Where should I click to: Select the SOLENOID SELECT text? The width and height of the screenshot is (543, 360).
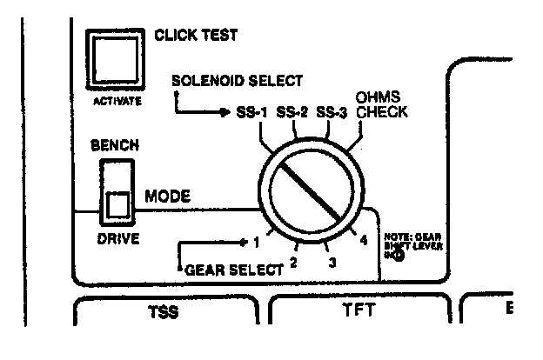pyautogui.click(x=237, y=82)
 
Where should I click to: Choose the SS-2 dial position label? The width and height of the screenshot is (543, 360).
pyautogui.click(x=294, y=113)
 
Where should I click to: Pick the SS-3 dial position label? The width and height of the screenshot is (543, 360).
pyautogui.click(x=334, y=113)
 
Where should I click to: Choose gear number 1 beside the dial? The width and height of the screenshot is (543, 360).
pyautogui.click(x=258, y=241)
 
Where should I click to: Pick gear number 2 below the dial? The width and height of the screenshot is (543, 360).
pyautogui.click(x=293, y=261)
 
